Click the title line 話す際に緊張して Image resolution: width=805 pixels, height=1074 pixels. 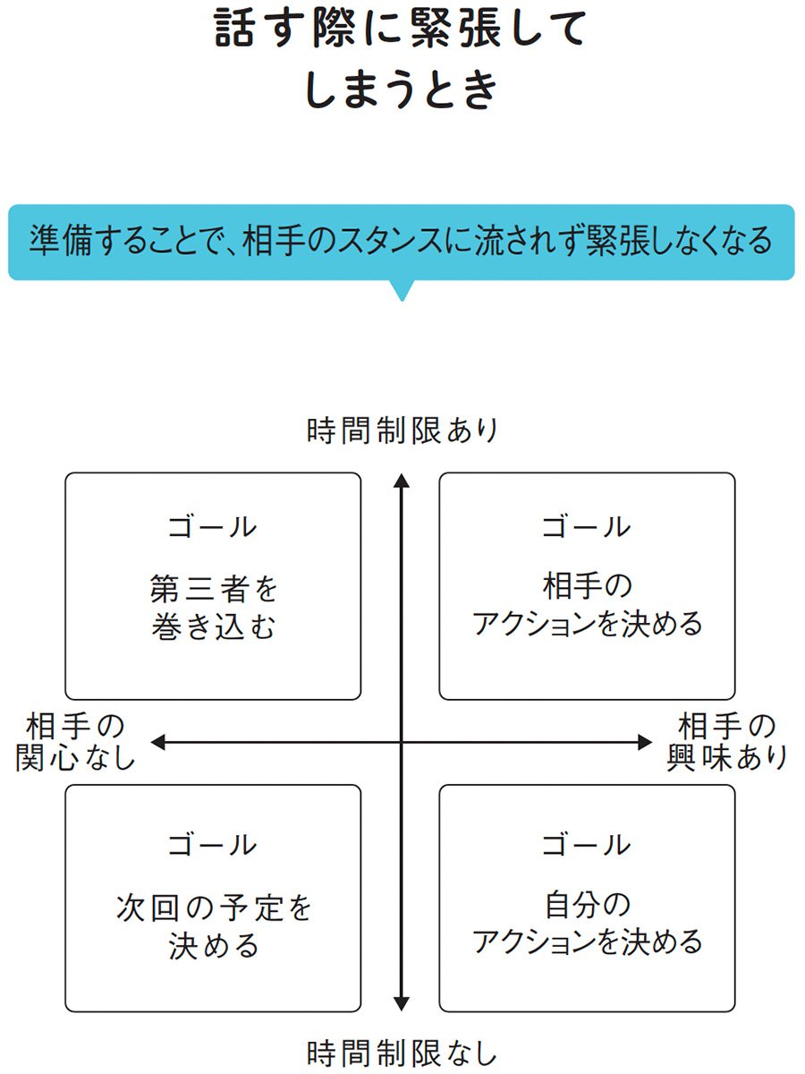pyautogui.click(x=400, y=30)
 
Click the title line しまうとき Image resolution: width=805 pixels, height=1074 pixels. pyautogui.click(x=401, y=89)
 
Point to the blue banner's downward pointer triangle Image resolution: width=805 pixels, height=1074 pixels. pyautogui.click(x=402, y=291)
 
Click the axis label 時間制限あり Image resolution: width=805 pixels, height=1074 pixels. pyautogui.click(x=402, y=430)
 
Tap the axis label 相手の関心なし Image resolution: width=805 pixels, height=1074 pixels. pyautogui.click(x=75, y=742)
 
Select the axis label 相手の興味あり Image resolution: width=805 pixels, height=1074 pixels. pyautogui.click(x=727, y=742)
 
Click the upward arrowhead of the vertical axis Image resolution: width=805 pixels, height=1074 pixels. pyautogui.click(x=402, y=480)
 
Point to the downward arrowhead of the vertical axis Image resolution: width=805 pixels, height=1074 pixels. pyautogui.click(x=402, y=1003)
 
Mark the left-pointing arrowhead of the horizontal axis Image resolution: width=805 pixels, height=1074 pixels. pyautogui.click(x=157, y=742)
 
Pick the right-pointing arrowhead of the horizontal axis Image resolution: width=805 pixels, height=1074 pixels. pyautogui.click(x=645, y=742)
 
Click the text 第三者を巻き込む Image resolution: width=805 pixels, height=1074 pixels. pyautogui.click(x=213, y=607)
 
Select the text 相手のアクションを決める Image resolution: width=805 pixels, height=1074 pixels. pyautogui.click(x=587, y=605)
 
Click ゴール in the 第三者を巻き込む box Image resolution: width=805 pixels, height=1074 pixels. pyautogui.click(x=213, y=527)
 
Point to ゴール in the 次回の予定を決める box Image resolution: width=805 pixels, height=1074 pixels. pyautogui.click(x=213, y=845)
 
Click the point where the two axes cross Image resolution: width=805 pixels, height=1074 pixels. pyautogui.click(x=402, y=742)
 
